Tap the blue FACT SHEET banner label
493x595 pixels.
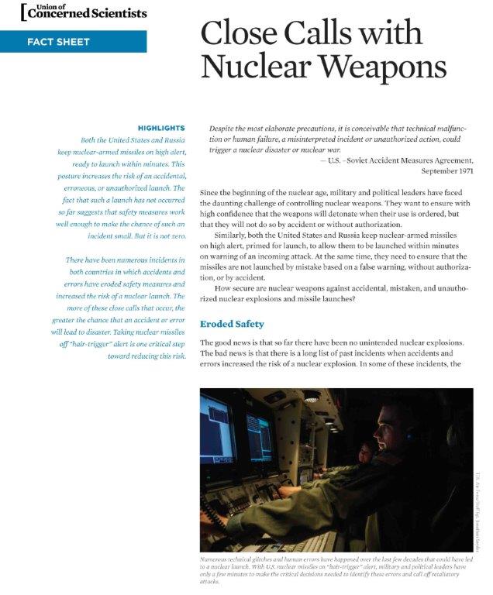[x=63, y=41]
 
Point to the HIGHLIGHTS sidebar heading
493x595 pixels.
[x=160, y=127]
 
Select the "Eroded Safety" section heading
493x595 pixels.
[x=232, y=324]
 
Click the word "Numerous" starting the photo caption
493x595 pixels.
[x=218, y=559]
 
